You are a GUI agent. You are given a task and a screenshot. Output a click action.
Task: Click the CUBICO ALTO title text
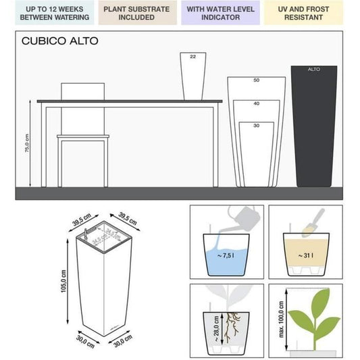(x=60, y=41)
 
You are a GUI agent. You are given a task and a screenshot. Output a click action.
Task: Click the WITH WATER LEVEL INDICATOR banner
(x=222, y=13)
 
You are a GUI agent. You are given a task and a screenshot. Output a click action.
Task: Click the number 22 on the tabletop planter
(x=192, y=57)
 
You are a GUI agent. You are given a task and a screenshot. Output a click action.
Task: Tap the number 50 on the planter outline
(x=256, y=80)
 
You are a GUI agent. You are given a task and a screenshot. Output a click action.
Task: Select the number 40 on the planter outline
(x=256, y=103)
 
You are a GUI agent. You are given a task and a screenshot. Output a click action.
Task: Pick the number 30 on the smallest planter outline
(x=256, y=126)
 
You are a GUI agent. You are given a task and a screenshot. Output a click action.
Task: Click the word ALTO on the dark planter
(x=314, y=69)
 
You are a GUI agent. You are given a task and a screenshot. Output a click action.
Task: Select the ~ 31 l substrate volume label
(x=305, y=255)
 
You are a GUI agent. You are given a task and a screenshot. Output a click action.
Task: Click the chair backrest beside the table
(x=83, y=92)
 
